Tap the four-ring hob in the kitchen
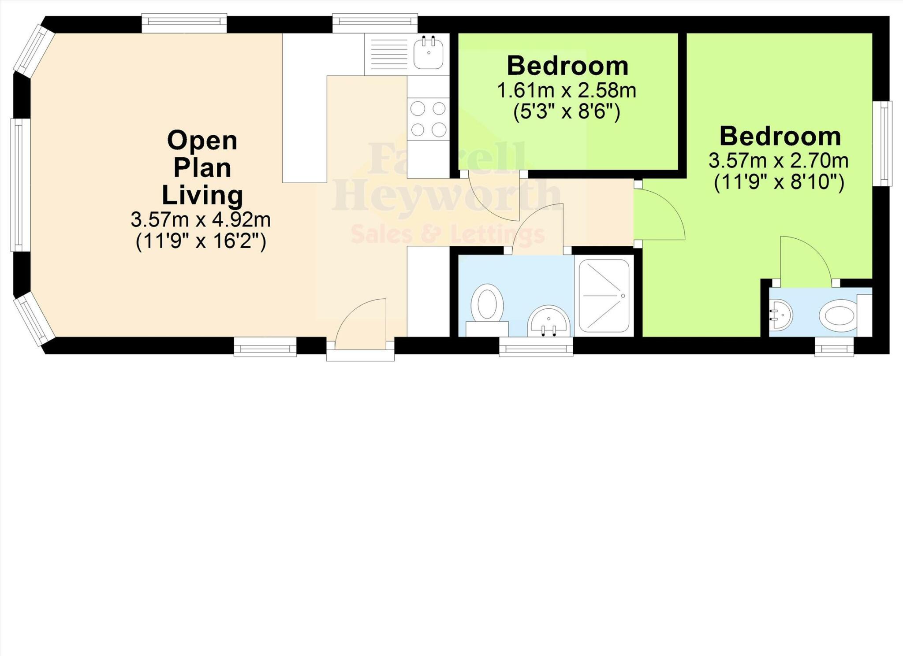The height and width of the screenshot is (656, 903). [x=428, y=119]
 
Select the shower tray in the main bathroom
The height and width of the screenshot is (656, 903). [x=604, y=296]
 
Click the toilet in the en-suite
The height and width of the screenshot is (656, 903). [x=838, y=315]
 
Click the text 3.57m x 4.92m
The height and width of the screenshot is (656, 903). [x=201, y=220]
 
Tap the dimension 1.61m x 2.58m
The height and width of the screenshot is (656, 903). [x=567, y=91]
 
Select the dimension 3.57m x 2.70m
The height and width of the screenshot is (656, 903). [x=778, y=161]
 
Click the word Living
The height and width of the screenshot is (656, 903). [x=202, y=195]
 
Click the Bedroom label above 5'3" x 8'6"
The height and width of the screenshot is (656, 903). [x=567, y=66]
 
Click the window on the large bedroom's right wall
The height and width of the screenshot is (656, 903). [x=883, y=144]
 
